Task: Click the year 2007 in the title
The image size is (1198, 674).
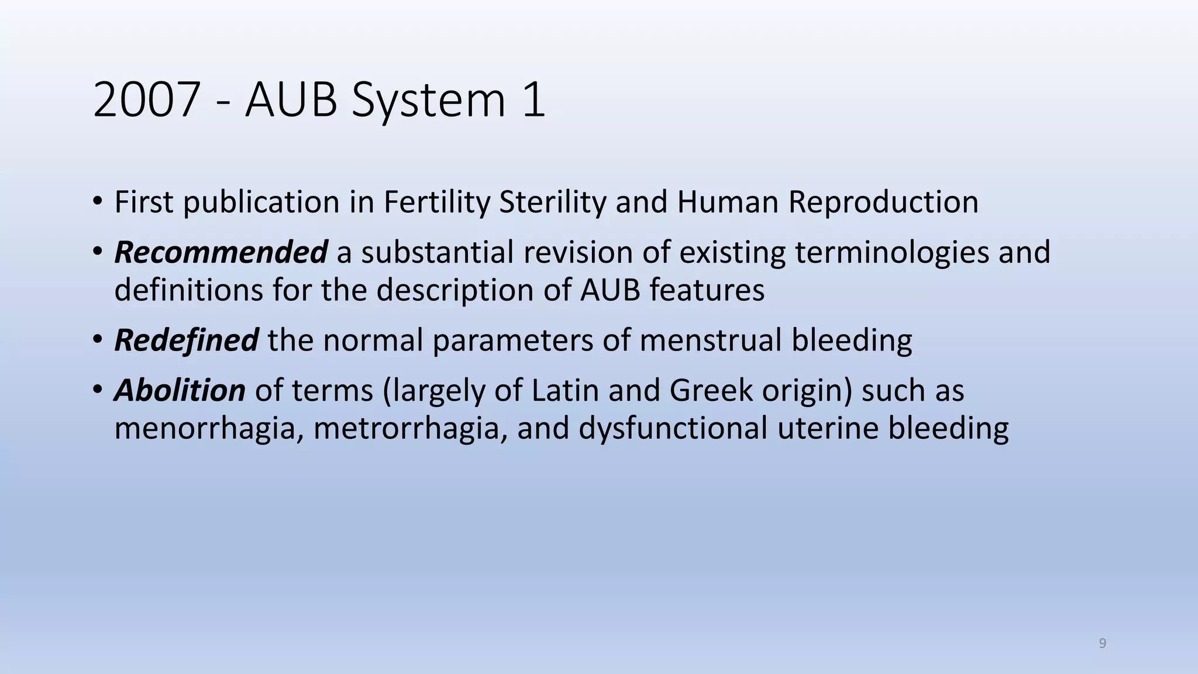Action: (x=147, y=100)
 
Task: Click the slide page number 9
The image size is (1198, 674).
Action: (x=1102, y=644)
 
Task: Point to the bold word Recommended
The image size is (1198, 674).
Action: (x=221, y=252)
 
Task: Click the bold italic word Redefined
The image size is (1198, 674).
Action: (x=186, y=340)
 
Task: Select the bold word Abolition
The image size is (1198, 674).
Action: (x=180, y=390)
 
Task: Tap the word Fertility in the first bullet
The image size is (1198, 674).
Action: (x=436, y=202)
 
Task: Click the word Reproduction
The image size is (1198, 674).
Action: (x=883, y=202)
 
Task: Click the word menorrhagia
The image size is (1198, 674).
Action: (x=209, y=428)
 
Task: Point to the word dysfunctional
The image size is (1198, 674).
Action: (x=673, y=428)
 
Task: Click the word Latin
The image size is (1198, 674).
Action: (x=565, y=390)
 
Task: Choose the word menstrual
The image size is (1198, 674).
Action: (x=710, y=340)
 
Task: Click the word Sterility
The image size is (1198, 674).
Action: (x=552, y=202)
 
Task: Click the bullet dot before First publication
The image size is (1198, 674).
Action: (x=97, y=202)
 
